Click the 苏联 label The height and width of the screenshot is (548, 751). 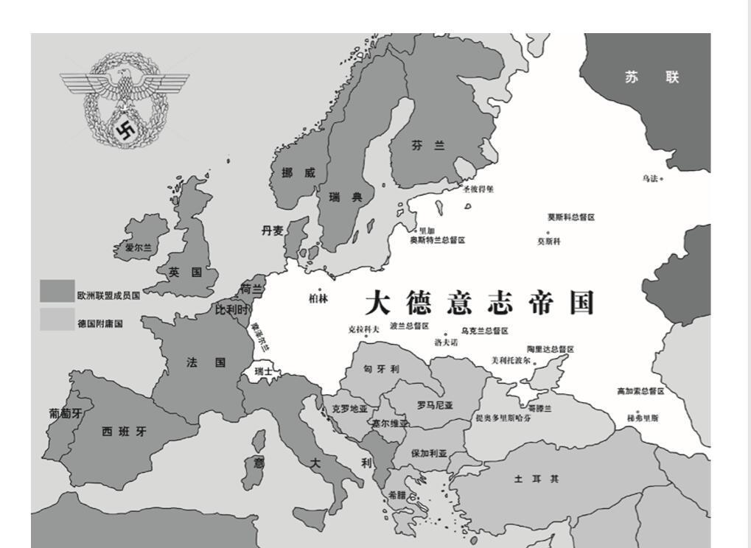coord(652,77)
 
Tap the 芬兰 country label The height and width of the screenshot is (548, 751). coord(428,146)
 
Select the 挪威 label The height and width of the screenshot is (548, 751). coord(298,173)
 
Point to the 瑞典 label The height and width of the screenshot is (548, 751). coord(346,197)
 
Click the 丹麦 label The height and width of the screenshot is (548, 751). coord(272,231)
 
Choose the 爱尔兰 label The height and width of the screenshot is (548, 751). coord(138,248)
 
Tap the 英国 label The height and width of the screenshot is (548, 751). coord(185,273)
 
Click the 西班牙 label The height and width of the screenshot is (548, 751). coord(124,432)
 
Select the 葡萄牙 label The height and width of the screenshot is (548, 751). coord(66,414)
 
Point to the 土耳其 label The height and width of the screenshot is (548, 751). coord(536,479)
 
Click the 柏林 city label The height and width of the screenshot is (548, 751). coord(318,299)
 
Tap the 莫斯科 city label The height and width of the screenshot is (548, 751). coord(548,242)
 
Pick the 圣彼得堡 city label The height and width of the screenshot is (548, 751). coord(478,189)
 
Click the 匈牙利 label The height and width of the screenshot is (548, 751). coord(381,369)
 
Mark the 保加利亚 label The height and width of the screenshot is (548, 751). coord(429,454)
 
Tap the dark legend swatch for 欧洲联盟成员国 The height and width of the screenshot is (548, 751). coord(57,291)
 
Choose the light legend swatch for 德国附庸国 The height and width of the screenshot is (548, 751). coord(57,319)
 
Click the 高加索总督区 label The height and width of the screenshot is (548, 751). coord(640,391)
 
